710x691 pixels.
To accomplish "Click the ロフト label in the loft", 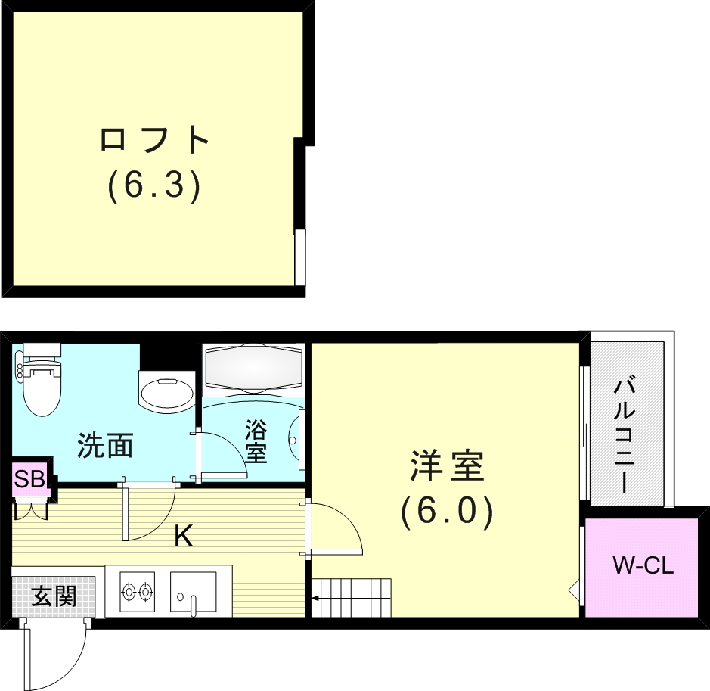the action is tap(154, 139).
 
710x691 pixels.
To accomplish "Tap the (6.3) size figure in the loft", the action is tap(154, 185).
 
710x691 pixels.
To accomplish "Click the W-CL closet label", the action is tap(643, 565).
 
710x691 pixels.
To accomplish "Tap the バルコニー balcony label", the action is tap(625, 437).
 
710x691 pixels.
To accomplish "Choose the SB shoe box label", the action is tap(30, 478).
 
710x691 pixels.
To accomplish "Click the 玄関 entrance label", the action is tap(54, 596).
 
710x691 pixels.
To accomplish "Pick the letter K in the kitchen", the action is tap(184, 536).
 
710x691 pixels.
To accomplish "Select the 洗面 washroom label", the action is tap(105, 446).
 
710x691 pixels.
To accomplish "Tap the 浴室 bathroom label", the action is tap(256, 441).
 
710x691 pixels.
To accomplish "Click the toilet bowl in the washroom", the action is tap(42, 385).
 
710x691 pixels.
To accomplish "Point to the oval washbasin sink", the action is tap(166, 392).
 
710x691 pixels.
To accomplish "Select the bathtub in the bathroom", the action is tap(253, 368).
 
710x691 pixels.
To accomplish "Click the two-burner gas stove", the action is tap(137, 591).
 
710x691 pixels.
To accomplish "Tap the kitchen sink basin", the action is tap(193, 591).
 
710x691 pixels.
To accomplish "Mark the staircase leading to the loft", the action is tap(352, 598).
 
